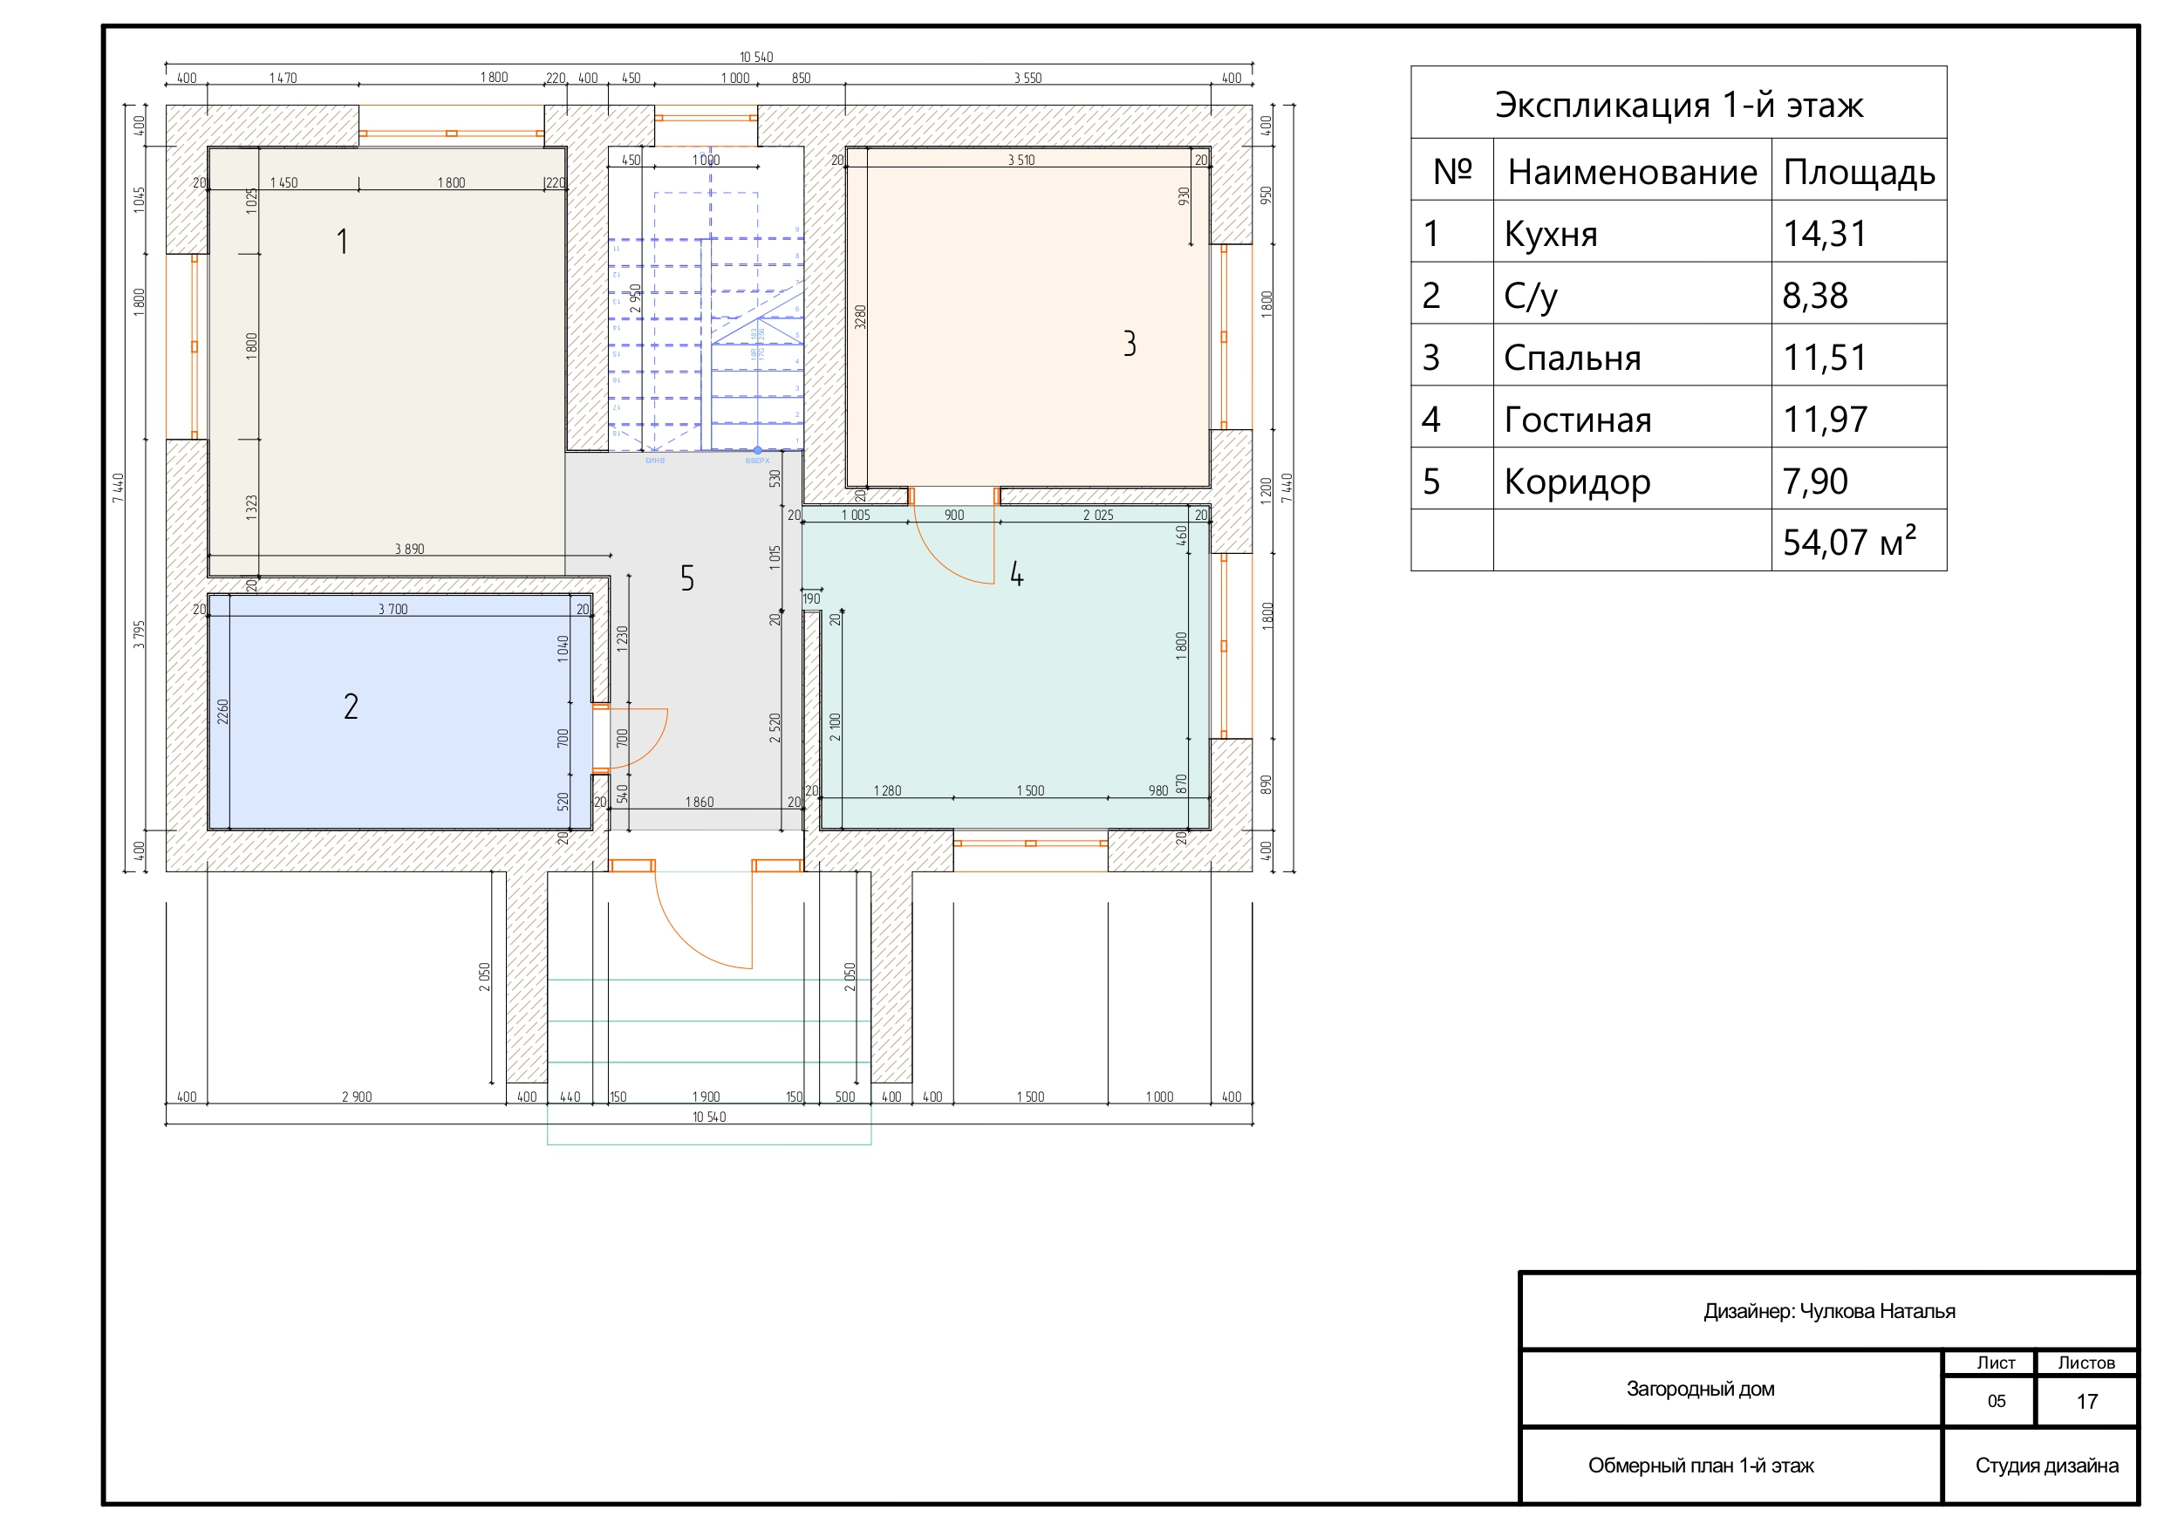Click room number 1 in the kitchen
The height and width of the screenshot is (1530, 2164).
[x=343, y=242]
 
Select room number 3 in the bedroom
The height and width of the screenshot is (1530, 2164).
[x=1130, y=344]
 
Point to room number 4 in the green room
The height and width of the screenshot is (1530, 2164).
[x=1017, y=574]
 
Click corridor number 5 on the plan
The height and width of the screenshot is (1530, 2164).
[x=687, y=577]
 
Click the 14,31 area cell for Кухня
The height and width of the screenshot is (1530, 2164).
[x=1825, y=234]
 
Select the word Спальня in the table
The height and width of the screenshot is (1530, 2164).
[x=1572, y=359]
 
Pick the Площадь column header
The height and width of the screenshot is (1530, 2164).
[x=1859, y=173]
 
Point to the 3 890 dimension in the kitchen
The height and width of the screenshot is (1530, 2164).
[x=409, y=549]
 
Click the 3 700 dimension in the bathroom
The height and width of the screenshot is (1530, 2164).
[x=393, y=609]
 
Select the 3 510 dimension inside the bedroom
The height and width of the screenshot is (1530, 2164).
[x=1021, y=161]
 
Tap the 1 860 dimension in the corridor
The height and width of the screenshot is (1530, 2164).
[x=700, y=803]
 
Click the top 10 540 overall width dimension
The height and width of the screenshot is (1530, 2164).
[x=756, y=58]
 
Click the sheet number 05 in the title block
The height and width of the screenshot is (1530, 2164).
[x=1997, y=1401]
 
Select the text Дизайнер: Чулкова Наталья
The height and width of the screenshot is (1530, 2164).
[x=1828, y=1311]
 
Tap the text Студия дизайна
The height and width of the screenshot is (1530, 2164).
[x=2047, y=1466]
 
